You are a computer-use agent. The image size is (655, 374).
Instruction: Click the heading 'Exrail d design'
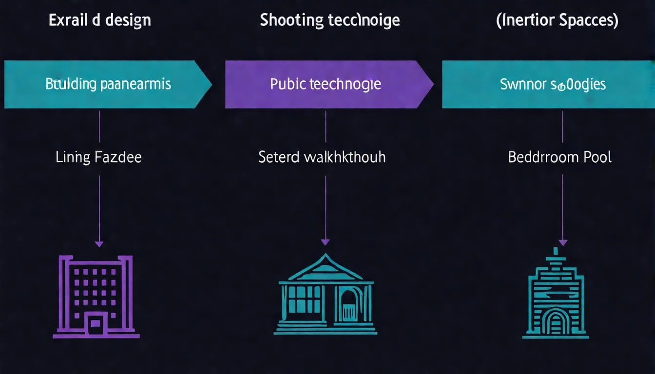pyautogui.click(x=99, y=20)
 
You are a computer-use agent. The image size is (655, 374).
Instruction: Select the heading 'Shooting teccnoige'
pyautogui.click(x=329, y=20)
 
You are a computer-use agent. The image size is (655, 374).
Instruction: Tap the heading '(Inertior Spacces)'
pyautogui.click(x=557, y=20)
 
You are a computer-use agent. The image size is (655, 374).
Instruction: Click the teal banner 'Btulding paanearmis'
pyautogui.click(x=108, y=84)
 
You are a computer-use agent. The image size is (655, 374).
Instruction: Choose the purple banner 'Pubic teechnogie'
pyautogui.click(x=326, y=84)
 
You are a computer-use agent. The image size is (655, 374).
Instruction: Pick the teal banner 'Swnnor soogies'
pyautogui.click(x=553, y=84)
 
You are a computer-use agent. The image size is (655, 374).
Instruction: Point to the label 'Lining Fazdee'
pyautogui.click(x=99, y=157)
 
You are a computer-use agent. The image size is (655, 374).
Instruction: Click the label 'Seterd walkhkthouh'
pyautogui.click(x=322, y=157)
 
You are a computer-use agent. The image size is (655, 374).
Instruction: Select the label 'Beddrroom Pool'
pyautogui.click(x=559, y=157)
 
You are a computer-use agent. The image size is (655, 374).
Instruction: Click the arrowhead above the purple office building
pyautogui.click(x=99, y=243)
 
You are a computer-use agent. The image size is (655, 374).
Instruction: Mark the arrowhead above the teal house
pyautogui.click(x=325, y=242)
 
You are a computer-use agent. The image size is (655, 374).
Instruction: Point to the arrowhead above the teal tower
pyautogui.click(x=562, y=242)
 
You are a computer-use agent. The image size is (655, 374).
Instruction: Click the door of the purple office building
pyautogui.click(x=96, y=322)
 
